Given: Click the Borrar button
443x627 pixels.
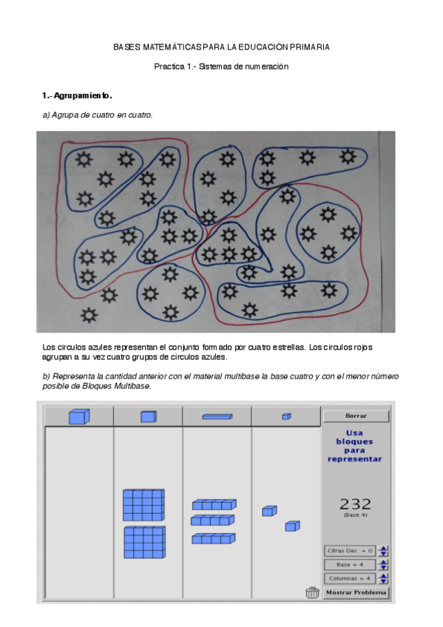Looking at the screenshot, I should click(x=356, y=416).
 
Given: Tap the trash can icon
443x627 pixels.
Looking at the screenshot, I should click(x=312, y=592).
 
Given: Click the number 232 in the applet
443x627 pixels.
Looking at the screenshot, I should click(x=355, y=504).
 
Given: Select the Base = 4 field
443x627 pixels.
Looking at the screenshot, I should click(x=349, y=564).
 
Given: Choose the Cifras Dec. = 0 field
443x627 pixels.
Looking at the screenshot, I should click(x=349, y=551).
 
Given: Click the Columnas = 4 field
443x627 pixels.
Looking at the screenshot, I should click(x=349, y=578).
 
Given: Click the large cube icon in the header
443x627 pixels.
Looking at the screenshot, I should click(x=78, y=417).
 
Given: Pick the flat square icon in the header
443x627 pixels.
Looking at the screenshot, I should click(x=148, y=417).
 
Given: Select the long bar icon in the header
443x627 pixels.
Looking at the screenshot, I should click(x=217, y=417).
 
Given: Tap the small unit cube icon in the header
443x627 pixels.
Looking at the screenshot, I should click(x=286, y=417).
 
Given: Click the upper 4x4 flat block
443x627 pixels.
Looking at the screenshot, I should click(x=143, y=505).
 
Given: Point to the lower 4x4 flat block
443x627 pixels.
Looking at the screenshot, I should click(x=143, y=542).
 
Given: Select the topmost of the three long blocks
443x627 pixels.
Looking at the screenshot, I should click(x=214, y=504).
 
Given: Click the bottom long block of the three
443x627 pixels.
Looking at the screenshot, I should click(x=214, y=539).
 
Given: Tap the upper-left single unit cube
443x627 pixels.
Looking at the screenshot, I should click(x=269, y=511).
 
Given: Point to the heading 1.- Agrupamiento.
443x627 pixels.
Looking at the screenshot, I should click(x=77, y=96).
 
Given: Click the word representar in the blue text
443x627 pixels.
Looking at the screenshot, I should click(x=355, y=459).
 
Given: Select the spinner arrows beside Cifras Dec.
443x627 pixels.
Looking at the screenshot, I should click(x=383, y=551).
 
